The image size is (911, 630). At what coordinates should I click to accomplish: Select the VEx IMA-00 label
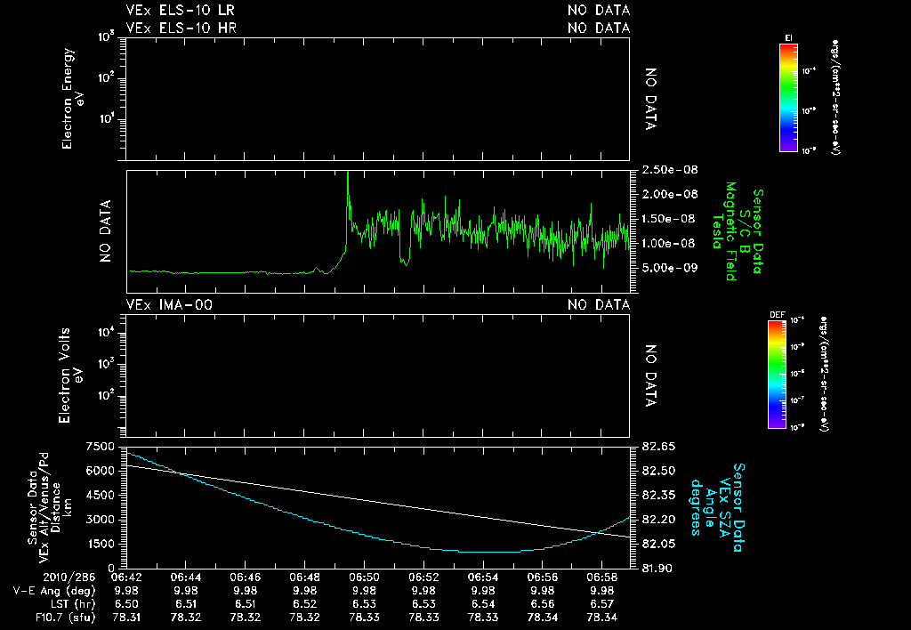pyautogui.click(x=169, y=305)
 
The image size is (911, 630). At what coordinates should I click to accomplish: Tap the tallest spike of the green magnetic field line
pyautogui.click(x=348, y=174)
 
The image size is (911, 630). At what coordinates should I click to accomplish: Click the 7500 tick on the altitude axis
pyautogui.click(x=101, y=446)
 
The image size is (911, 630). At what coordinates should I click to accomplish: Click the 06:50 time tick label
pyautogui.click(x=364, y=577)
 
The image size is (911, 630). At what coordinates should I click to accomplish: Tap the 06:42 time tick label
pyautogui.click(x=127, y=577)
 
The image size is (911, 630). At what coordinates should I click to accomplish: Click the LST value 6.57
pyautogui.click(x=601, y=603)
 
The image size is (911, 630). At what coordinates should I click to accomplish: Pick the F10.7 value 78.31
pyautogui.click(x=127, y=617)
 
